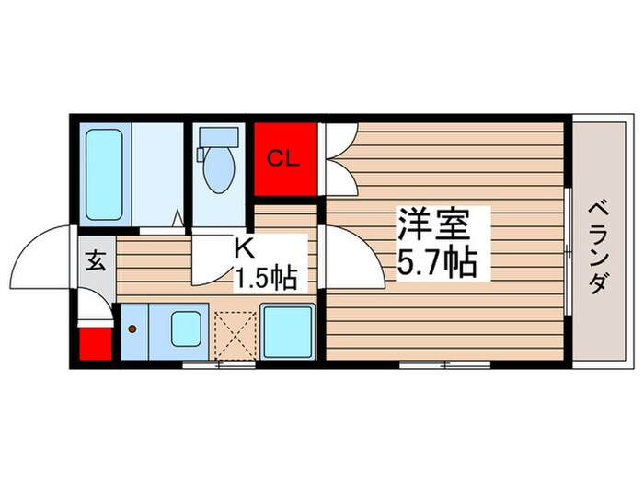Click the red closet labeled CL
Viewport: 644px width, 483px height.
284,158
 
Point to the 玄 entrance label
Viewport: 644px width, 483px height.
96,260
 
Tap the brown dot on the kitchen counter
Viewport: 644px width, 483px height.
132,328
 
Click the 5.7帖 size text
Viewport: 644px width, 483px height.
436,265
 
